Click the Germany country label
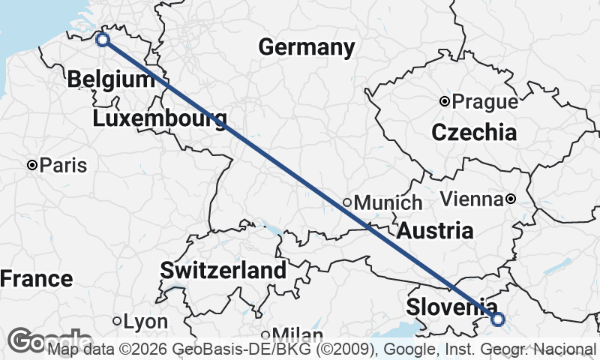pyautogui.click(x=306, y=48)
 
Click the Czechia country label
pyautogui.click(x=473, y=133)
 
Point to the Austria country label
pyautogui.click(x=435, y=230)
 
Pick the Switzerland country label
pyautogui.click(x=223, y=270)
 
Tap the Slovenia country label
pyautogui.click(x=450, y=307)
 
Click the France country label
pyautogui.click(x=36, y=279)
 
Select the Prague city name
pyautogui.click(x=485, y=101)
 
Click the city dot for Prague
pyautogui.click(x=445, y=100)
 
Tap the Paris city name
pyautogui.click(x=64, y=165)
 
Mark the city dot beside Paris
pyautogui.click(x=32, y=165)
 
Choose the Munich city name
pyautogui.click(x=388, y=202)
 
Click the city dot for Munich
pyautogui.click(x=347, y=202)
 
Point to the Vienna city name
pyautogui.click(x=471, y=199)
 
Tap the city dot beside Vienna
pyautogui.click(x=510, y=199)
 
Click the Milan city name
pyautogui.click(x=298, y=334)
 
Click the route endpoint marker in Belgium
pyautogui.click(x=103, y=40)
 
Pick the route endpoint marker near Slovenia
pyautogui.click(x=498, y=320)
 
